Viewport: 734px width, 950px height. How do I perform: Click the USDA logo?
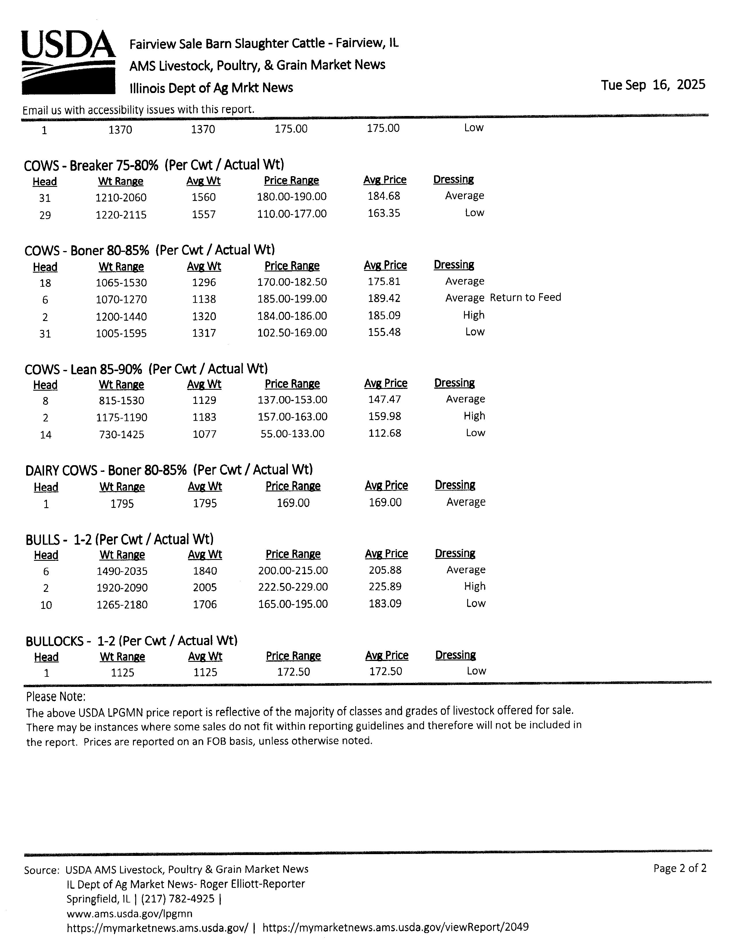(x=68, y=62)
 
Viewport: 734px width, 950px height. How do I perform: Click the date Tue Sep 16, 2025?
(x=653, y=85)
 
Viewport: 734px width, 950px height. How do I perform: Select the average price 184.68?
(x=383, y=196)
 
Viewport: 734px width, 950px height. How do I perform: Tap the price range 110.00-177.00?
(x=291, y=214)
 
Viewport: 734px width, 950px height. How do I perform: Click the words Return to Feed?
(x=525, y=298)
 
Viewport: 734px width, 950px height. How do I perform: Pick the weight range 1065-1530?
(x=121, y=283)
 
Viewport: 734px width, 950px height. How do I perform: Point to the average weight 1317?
(x=204, y=333)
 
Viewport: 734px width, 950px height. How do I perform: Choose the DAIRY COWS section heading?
(x=169, y=470)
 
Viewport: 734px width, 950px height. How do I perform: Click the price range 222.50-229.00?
(x=293, y=587)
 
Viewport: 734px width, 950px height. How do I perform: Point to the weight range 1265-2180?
(x=122, y=605)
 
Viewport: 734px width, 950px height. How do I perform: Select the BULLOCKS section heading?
(x=131, y=641)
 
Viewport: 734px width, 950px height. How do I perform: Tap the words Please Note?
(x=56, y=696)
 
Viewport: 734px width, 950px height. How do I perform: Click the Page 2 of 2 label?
(x=680, y=869)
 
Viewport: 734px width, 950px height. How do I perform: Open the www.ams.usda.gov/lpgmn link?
(x=129, y=913)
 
